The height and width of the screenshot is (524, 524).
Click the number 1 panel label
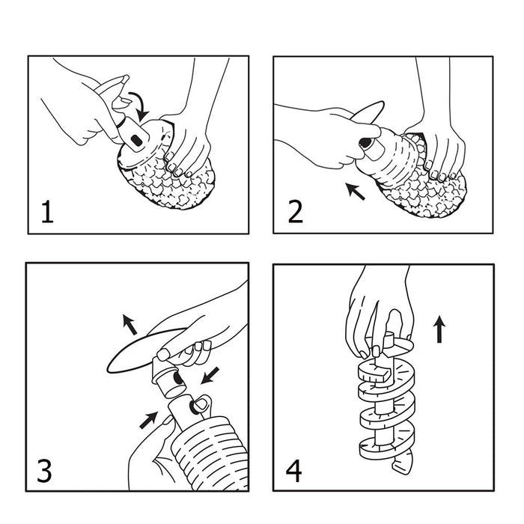pyautogui.click(x=47, y=212)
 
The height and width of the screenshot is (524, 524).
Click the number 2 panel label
pyautogui.click(x=295, y=212)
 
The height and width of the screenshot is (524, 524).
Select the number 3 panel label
pyautogui.click(x=44, y=471)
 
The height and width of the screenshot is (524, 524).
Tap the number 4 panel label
pyautogui.click(x=293, y=471)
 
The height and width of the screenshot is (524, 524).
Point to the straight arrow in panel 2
pyautogui.click(x=356, y=191)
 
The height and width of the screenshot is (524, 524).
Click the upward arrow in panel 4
pyautogui.click(x=439, y=329)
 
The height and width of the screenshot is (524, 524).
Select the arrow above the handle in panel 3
pyautogui.click(x=130, y=324)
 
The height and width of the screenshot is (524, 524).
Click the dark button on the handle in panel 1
pyautogui.click(x=136, y=141)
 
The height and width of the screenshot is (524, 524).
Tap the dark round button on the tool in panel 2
pyautogui.click(x=365, y=143)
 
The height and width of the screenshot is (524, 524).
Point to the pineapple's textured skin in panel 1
pyautogui.click(x=171, y=182)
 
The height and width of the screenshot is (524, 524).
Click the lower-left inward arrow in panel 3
pyautogui.click(x=148, y=420)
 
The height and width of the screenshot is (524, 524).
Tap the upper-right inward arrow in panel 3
pyautogui.click(x=210, y=376)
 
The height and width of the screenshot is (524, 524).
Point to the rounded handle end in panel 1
pyautogui.click(x=126, y=78)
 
